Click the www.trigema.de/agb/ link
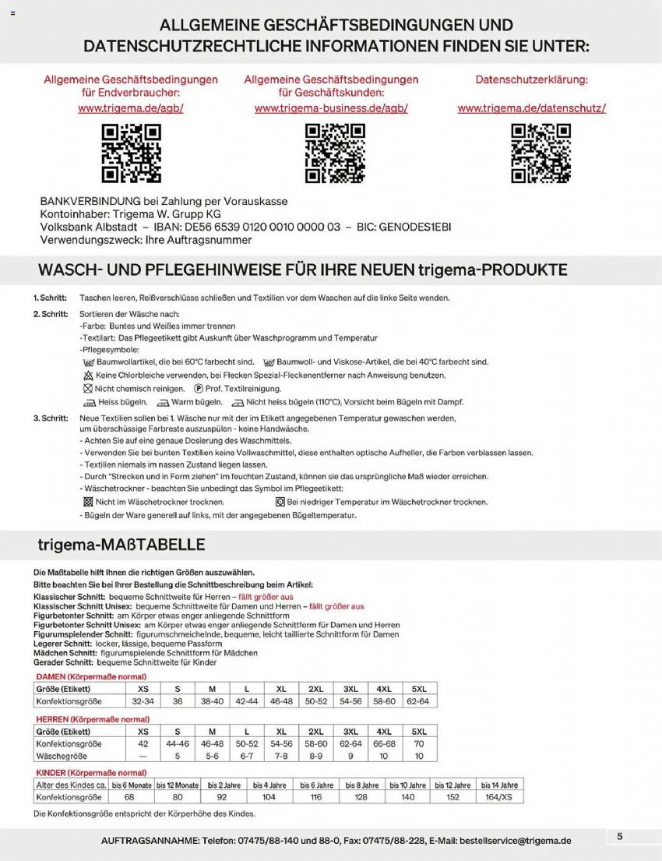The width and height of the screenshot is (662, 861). tap(131, 108)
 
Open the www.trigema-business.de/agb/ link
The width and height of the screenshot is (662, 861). tap(331, 108)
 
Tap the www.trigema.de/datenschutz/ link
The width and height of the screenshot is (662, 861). tap(531, 108)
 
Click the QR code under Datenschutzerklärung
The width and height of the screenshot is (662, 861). tap(541, 153)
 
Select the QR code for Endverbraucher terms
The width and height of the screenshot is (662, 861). tap(131, 153)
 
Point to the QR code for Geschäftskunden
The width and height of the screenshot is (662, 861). tap(335, 153)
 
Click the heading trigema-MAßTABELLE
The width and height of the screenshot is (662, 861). tap(121, 543)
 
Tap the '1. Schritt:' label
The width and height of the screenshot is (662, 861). tap(50, 298)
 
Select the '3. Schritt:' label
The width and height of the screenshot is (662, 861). tap(50, 418)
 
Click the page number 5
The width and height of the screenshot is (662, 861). tap(619, 836)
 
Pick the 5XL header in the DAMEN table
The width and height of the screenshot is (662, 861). tap(419, 689)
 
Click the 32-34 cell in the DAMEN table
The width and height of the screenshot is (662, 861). tap(143, 701)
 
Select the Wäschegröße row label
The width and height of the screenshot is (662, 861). tap(62, 756)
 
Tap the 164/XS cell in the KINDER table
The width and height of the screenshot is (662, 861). tap(499, 797)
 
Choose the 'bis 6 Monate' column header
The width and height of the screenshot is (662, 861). tap(130, 785)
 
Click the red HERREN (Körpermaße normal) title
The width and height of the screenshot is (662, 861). tap(93, 719)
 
